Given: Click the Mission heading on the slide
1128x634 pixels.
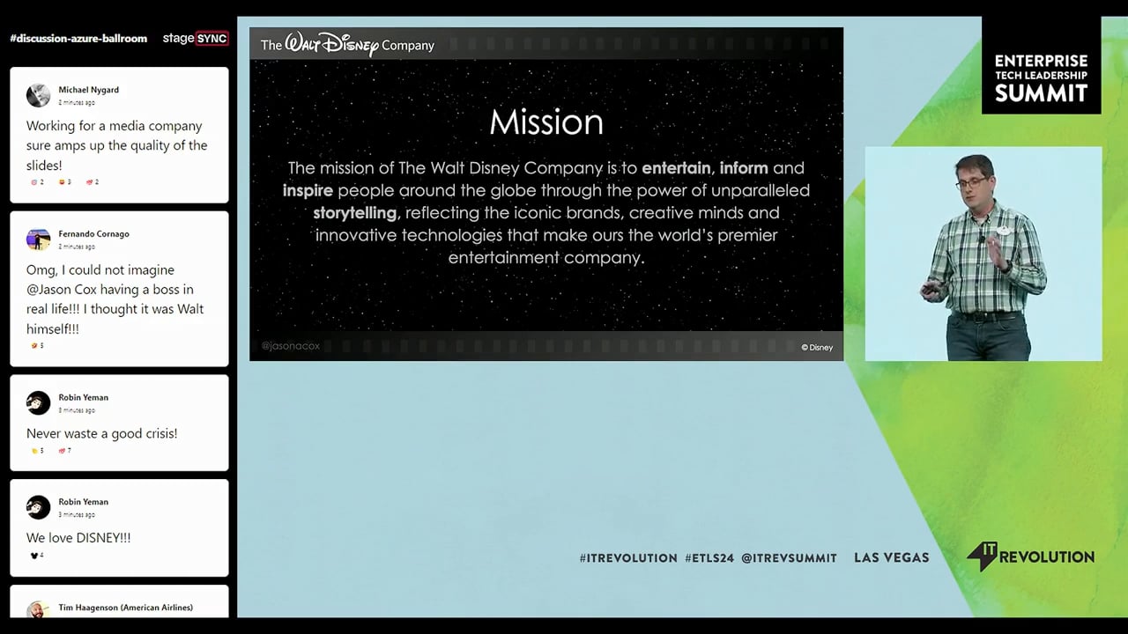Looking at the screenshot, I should click(x=546, y=122).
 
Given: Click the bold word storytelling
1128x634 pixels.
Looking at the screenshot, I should click(x=354, y=213).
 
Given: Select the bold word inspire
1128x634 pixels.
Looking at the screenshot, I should click(x=308, y=190).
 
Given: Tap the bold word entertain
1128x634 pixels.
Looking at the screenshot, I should click(x=677, y=167).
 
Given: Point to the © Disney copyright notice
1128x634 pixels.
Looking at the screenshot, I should click(x=816, y=347).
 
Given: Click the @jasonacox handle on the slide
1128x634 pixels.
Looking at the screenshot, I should click(x=290, y=346).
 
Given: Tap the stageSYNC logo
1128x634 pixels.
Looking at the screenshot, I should click(x=196, y=39).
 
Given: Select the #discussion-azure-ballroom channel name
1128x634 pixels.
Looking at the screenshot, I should click(x=78, y=39).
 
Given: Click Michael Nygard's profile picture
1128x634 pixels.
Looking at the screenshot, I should click(x=38, y=95).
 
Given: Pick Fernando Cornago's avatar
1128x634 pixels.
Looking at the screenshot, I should click(x=38, y=240).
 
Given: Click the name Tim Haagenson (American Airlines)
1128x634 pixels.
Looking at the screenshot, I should click(x=125, y=608).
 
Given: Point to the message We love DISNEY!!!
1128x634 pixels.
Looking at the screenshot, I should click(x=78, y=538).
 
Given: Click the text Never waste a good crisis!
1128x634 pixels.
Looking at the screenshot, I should click(x=101, y=433).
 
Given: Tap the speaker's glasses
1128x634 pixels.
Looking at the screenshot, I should click(x=971, y=181).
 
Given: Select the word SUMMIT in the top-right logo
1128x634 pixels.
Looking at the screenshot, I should click(x=1041, y=93).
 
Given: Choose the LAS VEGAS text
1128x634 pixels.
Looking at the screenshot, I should click(x=891, y=557).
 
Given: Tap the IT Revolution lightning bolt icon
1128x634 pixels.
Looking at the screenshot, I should click(x=980, y=557).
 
